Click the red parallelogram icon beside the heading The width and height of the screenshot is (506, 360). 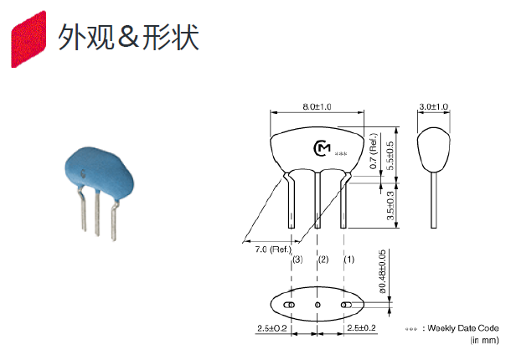click(x=28, y=39)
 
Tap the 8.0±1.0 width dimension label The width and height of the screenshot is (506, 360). click(x=317, y=107)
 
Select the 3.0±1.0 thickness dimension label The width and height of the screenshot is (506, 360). click(x=434, y=107)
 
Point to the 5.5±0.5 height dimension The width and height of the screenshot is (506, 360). click(x=390, y=156)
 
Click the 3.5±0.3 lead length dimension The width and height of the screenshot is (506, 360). click(x=390, y=206)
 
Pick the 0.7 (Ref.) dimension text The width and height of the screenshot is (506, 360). click(x=374, y=151)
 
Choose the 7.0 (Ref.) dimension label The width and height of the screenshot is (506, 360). click(x=273, y=249)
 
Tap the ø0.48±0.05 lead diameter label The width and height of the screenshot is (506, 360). click(x=382, y=271)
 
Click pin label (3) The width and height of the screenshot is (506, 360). click(x=297, y=260)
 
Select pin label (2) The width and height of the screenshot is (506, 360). click(x=323, y=260)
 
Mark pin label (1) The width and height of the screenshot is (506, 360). click(x=349, y=260)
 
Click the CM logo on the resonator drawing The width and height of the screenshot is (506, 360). click(x=322, y=149)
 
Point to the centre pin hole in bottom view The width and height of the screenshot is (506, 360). click(x=318, y=305)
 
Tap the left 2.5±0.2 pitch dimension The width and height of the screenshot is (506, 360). click(x=272, y=328)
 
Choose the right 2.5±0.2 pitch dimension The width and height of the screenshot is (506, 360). click(x=361, y=328)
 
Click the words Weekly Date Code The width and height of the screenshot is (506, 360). click(x=463, y=328)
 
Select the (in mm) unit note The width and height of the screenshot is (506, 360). click(x=485, y=340)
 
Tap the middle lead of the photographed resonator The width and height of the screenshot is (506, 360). click(x=97, y=213)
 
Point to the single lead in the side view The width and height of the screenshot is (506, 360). click(x=434, y=200)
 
